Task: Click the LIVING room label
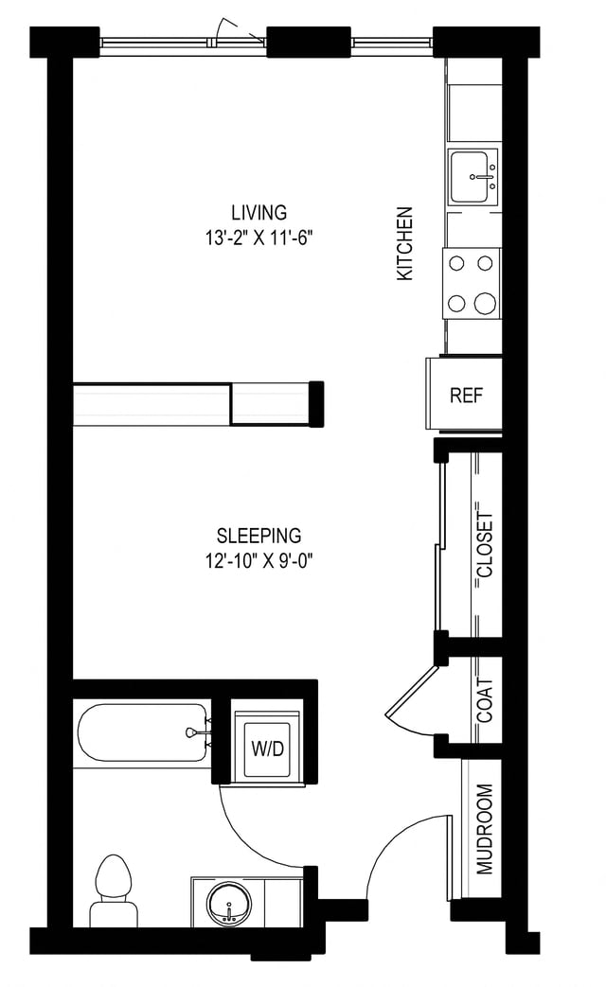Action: (258, 212)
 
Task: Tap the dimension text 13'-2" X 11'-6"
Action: (258, 237)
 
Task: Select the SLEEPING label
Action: (258, 536)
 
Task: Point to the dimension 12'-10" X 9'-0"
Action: (258, 559)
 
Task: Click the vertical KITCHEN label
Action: (405, 243)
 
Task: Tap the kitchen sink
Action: (473, 176)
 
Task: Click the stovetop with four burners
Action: (472, 283)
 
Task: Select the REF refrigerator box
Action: (466, 395)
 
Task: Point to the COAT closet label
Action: (486, 700)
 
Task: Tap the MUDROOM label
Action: (485, 828)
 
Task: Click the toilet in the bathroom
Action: (114, 890)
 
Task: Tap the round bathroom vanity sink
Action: (228, 904)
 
